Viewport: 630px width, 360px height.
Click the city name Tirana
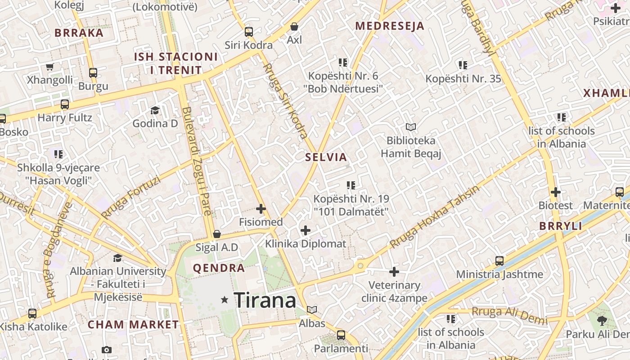click(265, 300)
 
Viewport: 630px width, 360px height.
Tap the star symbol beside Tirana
click(225, 300)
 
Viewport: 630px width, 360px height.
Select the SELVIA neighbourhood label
click(326, 157)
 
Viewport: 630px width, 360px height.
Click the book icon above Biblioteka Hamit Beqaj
click(410, 127)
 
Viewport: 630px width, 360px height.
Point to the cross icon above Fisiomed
click(261, 209)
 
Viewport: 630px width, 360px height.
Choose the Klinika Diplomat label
click(306, 244)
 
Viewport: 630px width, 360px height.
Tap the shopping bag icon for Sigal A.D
click(217, 234)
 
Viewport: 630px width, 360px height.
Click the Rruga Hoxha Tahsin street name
click(435, 216)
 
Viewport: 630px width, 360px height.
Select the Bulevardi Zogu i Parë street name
click(197, 167)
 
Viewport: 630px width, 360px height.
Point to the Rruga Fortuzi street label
click(131, 198)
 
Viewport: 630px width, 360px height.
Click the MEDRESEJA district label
click(390, 26)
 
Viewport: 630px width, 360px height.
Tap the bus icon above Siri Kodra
click(249, 32)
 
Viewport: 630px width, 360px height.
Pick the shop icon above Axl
click(294, 27)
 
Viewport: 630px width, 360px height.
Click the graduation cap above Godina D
click(155, 110)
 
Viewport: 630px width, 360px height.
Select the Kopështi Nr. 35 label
click(463, 79)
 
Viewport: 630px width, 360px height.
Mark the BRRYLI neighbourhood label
click(561, 226)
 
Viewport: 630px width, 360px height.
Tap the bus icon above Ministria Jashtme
click(499, 261)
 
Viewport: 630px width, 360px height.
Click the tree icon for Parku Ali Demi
click(602, 321)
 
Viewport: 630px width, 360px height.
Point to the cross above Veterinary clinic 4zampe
click(394, 272)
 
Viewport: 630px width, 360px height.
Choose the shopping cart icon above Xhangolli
click(50, 67)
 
